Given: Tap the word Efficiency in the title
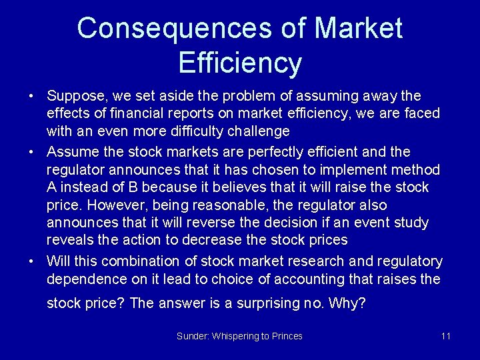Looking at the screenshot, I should coord(240,63).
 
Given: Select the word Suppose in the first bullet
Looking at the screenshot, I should coord(75,97).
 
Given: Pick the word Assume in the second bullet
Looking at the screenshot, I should coord(71,152).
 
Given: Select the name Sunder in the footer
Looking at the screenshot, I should coord(192,336).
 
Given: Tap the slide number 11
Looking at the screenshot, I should coord(445,336).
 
